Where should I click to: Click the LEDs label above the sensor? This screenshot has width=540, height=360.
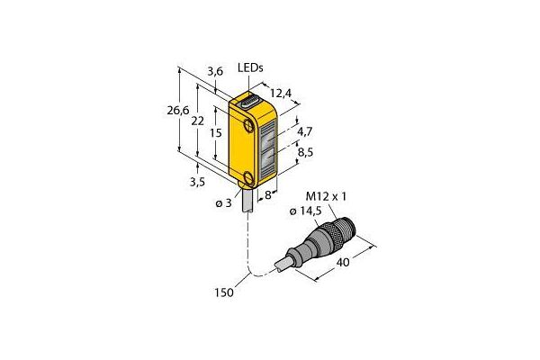[x=250, y=68]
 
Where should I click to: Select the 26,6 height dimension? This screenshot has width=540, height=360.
[x=178, y=111]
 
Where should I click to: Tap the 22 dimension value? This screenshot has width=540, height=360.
[x=198, y=121]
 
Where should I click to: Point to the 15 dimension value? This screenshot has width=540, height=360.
[x=216, y=132]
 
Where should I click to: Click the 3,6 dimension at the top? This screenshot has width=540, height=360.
[x=215, y=72]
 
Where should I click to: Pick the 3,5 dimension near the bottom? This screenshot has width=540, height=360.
[x=197, y=182]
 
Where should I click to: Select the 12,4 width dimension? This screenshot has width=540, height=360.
[x=281, y=93]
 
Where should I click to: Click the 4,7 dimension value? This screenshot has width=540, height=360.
[x=305, y=131]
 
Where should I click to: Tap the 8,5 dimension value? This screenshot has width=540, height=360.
[x=305, y=152]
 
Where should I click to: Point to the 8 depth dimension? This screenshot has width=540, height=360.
[x=267, y=195]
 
